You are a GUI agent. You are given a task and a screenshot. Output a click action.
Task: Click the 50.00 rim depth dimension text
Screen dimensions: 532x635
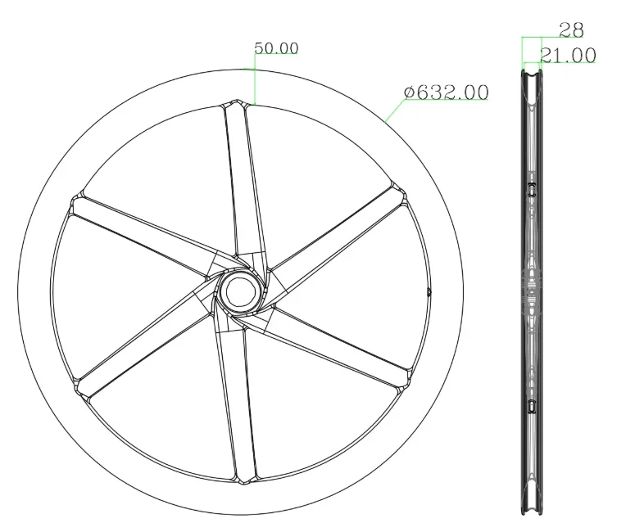[276, 48]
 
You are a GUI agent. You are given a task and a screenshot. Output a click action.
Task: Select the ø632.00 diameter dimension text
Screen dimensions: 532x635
[447, 92]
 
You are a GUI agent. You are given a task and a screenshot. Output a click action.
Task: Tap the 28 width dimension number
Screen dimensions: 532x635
[571, 30]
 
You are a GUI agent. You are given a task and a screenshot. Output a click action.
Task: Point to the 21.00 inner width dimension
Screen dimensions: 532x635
[567, 56]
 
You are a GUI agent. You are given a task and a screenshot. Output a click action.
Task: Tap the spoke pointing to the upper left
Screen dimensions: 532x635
[139, 233]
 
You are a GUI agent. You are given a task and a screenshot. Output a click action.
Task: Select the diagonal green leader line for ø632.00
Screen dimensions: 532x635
[394, 111]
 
